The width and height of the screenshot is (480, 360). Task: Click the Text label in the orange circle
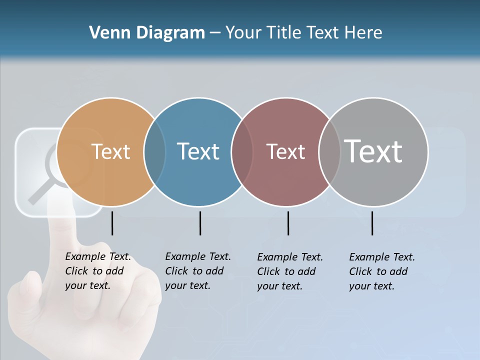coord(110,151)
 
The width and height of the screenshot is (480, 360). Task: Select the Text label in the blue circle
coord(198,151)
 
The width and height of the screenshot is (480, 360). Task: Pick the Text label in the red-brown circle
coord(285,151)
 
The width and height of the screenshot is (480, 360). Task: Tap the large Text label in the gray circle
coord(373,151)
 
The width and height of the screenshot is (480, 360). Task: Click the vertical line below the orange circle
coord(112,223)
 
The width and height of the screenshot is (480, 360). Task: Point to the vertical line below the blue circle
coord(200,223)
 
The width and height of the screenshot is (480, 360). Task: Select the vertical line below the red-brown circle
coord(288,223)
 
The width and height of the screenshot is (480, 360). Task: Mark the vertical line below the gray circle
coord(372,223)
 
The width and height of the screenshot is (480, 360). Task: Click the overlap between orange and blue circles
coord(154,152)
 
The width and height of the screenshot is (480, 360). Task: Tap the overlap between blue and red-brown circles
coord(242,152)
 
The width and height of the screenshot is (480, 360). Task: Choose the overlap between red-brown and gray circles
coord(329,152)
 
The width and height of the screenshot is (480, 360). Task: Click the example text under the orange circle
coord(97,271)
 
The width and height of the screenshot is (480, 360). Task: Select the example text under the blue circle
coord(197,271)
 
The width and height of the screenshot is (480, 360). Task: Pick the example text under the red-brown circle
coord(289,271)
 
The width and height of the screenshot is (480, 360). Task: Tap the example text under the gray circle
coord(381,271)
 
